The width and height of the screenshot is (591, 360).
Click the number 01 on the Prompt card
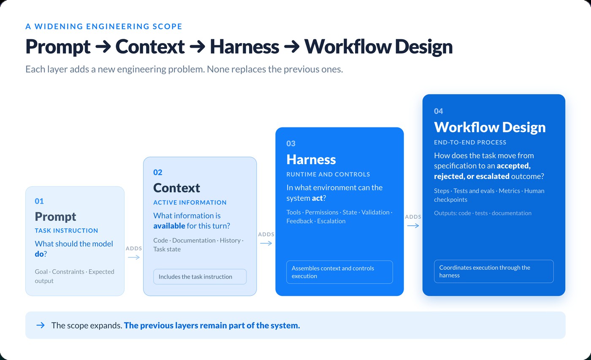(39, 201)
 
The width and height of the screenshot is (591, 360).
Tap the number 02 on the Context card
(158, 173)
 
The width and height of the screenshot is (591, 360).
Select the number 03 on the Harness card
(291, 143)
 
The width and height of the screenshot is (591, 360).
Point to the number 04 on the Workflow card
(439, 111)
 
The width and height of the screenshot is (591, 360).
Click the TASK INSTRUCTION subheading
(66, 230)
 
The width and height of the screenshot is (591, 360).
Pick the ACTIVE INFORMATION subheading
(190, 202)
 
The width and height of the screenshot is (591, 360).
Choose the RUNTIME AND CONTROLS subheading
(328, 174)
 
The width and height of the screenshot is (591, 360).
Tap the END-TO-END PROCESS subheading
(470, 142)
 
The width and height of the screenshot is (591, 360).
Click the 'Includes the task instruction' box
(200, 277)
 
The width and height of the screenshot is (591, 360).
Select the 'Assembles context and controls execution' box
(339, 272)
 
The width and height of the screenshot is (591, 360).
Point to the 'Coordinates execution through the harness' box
(493, 271)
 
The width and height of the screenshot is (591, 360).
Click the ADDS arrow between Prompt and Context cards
(134, 257)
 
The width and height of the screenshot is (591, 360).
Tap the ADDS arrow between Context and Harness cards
(266, 243)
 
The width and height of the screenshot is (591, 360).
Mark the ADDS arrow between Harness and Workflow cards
(413, 226)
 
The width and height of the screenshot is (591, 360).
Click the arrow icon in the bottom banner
(41, 325)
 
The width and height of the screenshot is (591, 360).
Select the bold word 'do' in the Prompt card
(39, 254)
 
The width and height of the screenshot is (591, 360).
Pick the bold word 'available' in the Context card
(169, 226)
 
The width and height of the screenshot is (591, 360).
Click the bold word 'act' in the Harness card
(317, 198)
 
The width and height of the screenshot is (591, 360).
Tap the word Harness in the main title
(244, 47)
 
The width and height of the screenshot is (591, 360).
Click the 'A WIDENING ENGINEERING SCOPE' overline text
(104, 26)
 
